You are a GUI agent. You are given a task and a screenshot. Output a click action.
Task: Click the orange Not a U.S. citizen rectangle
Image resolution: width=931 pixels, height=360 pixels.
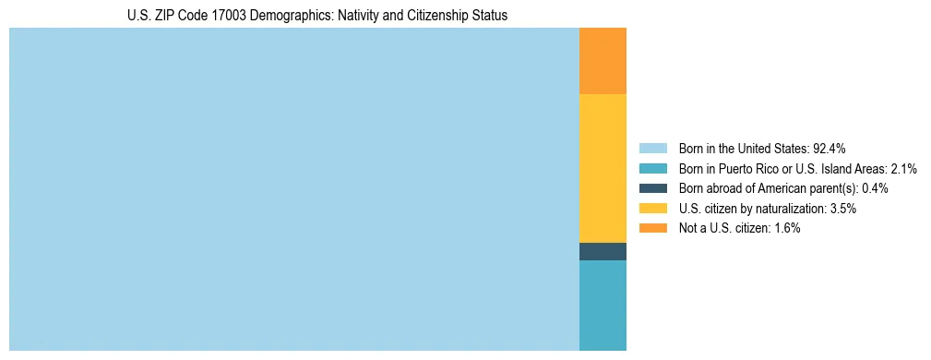click(603, 61)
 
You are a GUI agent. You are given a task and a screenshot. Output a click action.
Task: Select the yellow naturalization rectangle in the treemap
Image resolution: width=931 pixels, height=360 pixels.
click(603, 168)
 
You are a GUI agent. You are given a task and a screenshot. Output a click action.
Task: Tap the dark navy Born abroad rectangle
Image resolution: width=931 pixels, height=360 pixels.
click(603, 251)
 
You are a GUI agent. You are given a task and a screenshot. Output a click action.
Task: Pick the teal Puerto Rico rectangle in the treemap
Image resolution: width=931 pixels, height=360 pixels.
click(603, 306)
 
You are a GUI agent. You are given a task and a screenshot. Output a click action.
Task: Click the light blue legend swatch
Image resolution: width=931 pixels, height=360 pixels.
click(652, 148)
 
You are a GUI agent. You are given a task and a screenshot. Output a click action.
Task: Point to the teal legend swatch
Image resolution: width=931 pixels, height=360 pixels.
click(652, 168)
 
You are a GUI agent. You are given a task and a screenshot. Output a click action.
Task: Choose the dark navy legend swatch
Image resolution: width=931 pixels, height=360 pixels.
click(652, 188)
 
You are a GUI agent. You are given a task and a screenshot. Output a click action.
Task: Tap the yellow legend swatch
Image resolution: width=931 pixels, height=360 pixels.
click(652, 209)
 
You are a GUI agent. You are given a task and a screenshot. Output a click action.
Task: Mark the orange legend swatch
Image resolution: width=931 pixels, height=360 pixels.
click(652, 228)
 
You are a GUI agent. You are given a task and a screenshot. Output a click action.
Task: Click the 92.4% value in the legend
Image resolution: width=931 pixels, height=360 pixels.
click(829, 148)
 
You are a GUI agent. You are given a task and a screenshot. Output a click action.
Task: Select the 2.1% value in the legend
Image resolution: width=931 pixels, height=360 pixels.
click(903, 168)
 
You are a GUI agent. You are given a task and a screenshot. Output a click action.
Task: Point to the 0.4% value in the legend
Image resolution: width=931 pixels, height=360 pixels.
click(875, 188)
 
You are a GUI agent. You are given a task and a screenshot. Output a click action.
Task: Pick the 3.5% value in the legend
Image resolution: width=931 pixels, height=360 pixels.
click(843, 209)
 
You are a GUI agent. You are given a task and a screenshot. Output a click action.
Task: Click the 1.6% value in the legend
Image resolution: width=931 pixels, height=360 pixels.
click(787, 228)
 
